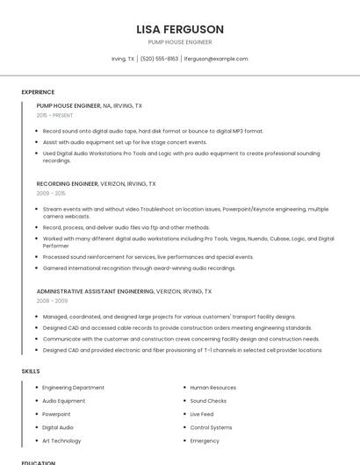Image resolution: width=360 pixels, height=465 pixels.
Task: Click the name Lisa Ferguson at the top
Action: [x=180, y=29]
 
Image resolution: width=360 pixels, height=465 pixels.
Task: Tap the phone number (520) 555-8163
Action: [x=159, y=59]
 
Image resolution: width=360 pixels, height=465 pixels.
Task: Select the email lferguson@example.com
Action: [x=216, y=59]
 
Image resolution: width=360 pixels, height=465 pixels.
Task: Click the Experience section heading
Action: [x=38, y=91]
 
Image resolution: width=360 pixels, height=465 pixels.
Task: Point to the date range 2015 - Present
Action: [x=55, y=115]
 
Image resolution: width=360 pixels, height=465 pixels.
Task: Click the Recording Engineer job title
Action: [x=68, y=184]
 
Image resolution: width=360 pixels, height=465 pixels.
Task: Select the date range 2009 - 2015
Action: [x=51, y=193]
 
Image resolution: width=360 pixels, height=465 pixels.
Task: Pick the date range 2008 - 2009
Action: [x=52, y=300]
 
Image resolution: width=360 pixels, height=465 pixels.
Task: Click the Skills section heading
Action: [x=31, y=371]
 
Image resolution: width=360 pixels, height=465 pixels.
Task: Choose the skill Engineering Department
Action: [x=73, y=387]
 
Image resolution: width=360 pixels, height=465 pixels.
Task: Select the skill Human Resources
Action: [x=212, y=387]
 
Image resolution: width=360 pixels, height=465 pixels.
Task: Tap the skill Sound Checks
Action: [x=209, y=400]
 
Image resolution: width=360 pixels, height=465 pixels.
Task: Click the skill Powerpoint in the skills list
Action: [x=56, y=414]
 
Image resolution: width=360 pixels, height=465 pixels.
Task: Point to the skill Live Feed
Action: [x=202, y=414]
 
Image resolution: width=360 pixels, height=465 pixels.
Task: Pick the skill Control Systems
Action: [x=212, y=427]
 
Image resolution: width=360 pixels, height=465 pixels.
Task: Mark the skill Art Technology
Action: [x=61, y=440]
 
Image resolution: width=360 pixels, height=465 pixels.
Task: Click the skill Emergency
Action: [x=205, y=440]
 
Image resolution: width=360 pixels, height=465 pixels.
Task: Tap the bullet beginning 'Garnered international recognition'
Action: [x=139, y=268]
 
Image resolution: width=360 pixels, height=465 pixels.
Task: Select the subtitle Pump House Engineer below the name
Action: [x=180, y=42]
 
